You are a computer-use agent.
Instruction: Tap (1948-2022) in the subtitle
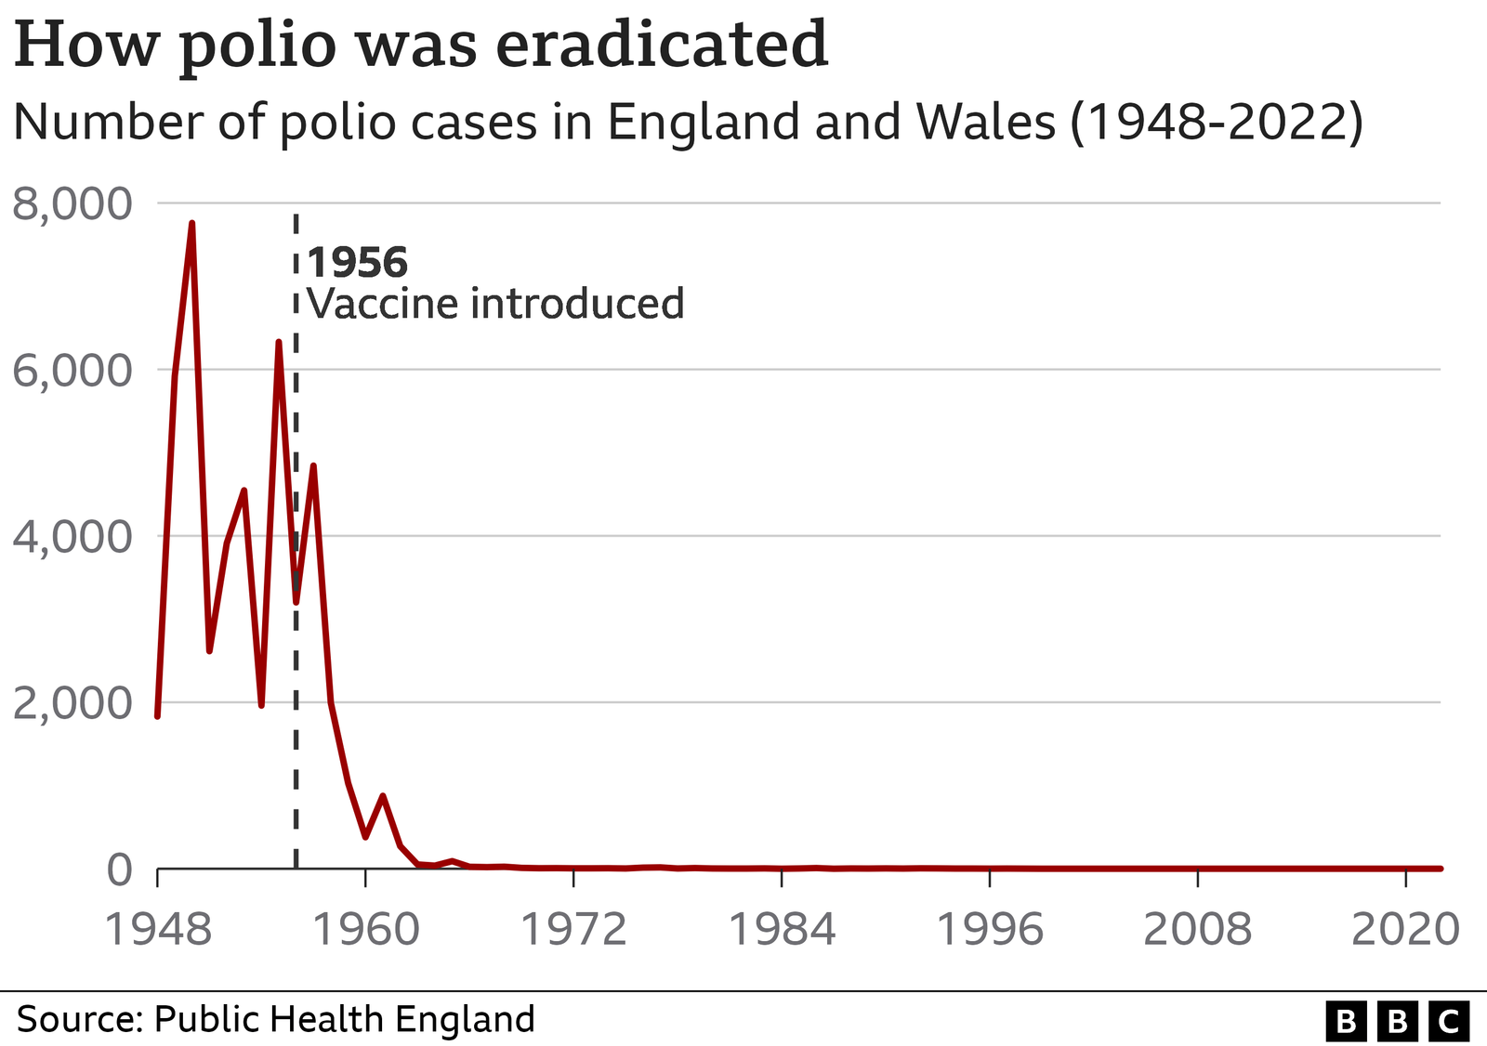1217,122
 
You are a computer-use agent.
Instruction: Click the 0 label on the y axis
120,869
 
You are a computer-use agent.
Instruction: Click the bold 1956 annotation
358,263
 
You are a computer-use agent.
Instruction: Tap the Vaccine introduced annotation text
495,304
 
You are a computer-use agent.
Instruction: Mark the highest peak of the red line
191,223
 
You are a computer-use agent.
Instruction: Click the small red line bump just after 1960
383,796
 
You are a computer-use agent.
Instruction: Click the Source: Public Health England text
275,1019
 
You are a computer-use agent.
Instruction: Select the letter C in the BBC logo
1447,1022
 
